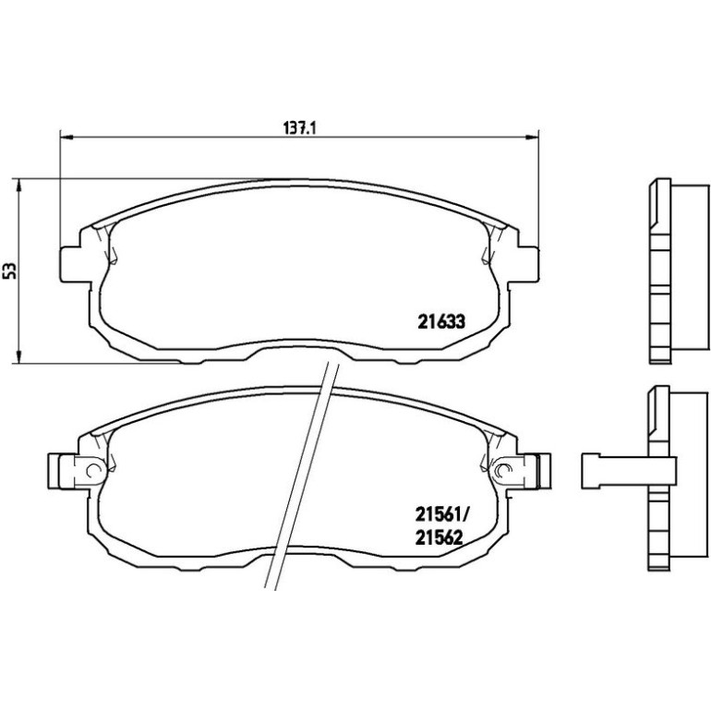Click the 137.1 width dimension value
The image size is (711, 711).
pyautogui.click(x=299, y=127)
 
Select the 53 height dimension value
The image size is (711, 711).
pyautogui.click(x=10, y=271)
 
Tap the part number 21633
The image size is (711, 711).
pyautogui.click(x=441, y=322)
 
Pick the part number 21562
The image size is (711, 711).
pyautogui.click(x=439, y=537)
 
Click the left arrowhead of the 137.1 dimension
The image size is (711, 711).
pyautogui.click(x=66, y=137)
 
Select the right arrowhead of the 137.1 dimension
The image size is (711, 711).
pyautogui.click(x=532, y=137)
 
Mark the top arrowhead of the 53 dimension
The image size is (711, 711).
pyautogui.click(x=18, y=186)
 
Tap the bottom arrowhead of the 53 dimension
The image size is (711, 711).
pyautogui.click(x=18, y=356)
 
